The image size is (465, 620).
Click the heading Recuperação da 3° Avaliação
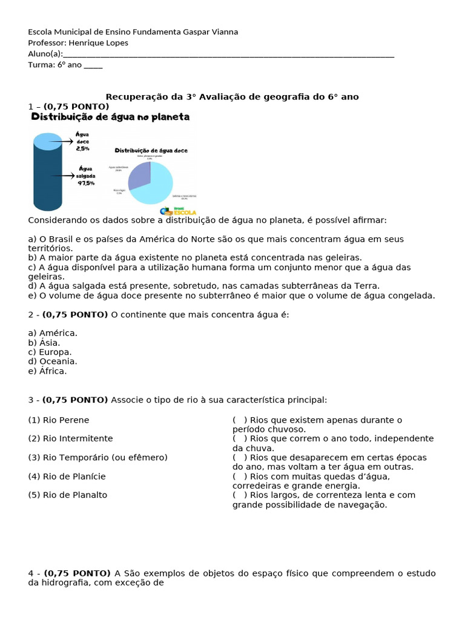[x=232, y=97]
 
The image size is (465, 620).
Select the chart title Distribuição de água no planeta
[x=110, y=117]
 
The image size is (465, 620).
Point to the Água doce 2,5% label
[x=82, y=141]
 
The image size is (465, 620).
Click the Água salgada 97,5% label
[x=84, y=176]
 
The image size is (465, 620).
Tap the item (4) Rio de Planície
[x=67, y=477]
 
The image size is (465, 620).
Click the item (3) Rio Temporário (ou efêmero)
[x=97, y=458]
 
